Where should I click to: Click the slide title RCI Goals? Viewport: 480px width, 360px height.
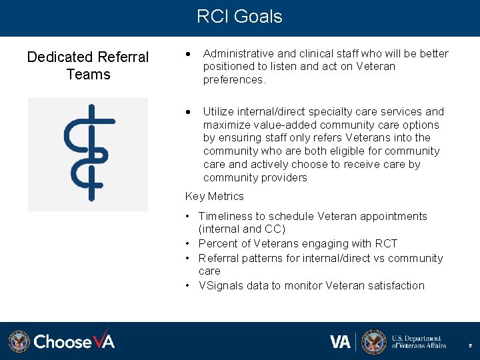(239, 17)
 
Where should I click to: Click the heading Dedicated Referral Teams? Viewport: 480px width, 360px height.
(88, 65)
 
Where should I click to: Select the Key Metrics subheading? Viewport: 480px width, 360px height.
(214, 196)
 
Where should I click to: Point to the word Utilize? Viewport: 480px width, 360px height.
(219, 111)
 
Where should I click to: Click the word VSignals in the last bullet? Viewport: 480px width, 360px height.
(221, 285)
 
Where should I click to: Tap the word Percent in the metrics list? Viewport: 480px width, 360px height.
(217, 243)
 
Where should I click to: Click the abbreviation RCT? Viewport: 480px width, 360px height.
(385, 243)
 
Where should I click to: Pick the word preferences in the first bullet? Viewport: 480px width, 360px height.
(233, 79)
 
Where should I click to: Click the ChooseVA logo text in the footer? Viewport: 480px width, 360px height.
(74, 341)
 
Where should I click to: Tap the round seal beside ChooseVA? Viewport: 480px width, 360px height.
(19, 341)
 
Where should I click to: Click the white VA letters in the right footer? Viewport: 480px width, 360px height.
(340, 341)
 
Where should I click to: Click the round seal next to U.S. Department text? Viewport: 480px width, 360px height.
(373, 341)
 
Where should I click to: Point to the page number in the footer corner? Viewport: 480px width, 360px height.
(471, 346)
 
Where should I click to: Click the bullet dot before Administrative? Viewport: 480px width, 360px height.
(191, 53)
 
